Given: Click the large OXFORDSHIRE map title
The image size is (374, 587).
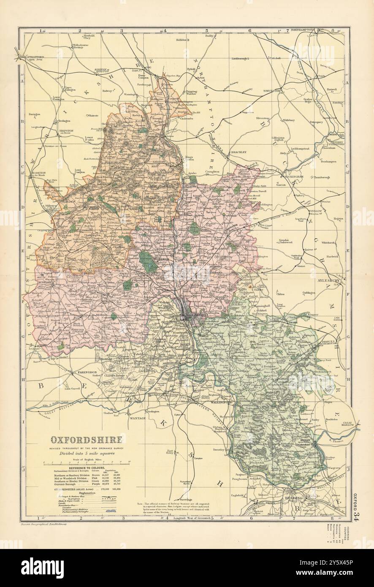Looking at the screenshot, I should coord(87,439).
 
